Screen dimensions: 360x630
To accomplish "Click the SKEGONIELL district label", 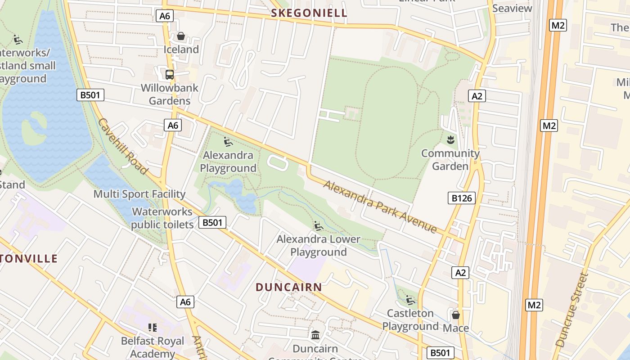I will click(309, 13).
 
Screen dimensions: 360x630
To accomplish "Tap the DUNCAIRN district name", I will click(289, 287).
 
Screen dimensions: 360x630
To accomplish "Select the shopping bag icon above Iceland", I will click(181, 36).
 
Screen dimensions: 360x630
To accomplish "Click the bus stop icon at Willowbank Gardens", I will click(170, 75).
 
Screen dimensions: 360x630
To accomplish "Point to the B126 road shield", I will click(462, 198).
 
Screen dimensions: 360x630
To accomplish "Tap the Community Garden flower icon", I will click(450, 140).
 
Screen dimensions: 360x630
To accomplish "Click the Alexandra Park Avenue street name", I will click(380, 207).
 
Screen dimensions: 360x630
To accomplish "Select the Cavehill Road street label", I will click(122, 146).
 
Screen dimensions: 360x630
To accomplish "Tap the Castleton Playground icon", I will click(410, 300).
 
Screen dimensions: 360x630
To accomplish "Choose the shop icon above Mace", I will click(455, 315).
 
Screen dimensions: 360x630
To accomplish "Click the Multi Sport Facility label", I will click(139, 194).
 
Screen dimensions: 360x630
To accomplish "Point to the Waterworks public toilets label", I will click(162, 218).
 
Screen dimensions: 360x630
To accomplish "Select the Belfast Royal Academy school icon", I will click(153, 328).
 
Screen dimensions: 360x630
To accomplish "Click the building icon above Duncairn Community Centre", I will click(315, 335).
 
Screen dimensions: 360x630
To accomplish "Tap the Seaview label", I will click(512, 8).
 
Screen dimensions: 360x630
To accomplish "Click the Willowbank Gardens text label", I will click(170, 94).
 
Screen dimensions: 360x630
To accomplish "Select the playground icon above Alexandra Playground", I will click(228, 142).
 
